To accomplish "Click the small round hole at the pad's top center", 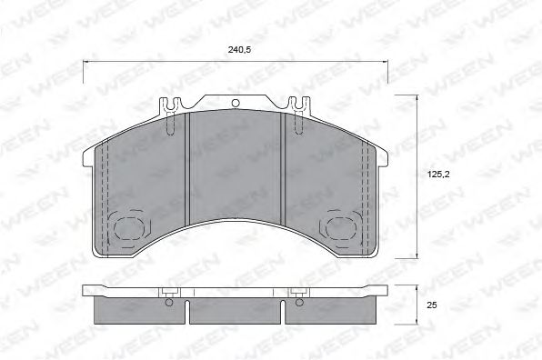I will [235, 104].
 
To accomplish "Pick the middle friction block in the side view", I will [235, 310].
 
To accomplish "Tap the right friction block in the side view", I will [330, 310].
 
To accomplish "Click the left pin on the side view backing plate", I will [170, 292].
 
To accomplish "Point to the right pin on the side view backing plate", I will [299, 292].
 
